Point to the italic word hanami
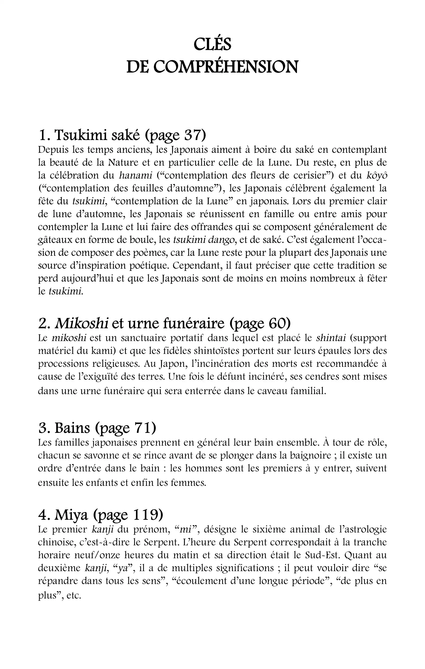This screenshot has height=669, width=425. pos(135,176)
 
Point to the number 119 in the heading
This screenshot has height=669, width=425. pos(146,515)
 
